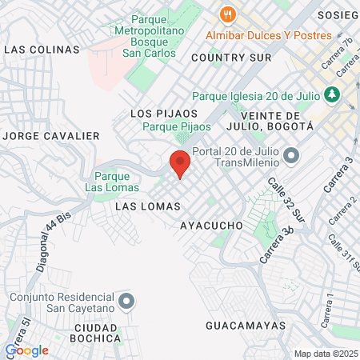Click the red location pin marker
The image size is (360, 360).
[180, 163]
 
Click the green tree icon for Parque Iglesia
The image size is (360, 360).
[330, 94]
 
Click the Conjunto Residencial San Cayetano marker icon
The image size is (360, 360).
[126, 302]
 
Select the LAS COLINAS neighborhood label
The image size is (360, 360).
[42, 50]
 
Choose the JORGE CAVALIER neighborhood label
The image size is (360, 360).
[50, 136]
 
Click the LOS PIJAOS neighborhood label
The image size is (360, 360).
[164, 114]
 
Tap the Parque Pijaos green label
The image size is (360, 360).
[171, 127]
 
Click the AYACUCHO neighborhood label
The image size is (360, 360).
[211, 226]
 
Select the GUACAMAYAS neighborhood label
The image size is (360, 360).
[246, 326]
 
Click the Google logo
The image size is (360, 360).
[26, 350]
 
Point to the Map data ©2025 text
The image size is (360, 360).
[326, 354]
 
